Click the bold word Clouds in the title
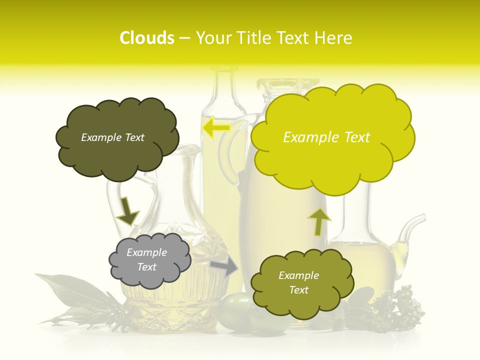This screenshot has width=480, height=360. [x=147, y=38]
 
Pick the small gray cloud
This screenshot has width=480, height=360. [x=149, y=260]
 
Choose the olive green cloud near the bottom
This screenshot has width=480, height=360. [x=299, y=283]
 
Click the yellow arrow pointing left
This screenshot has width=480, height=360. [x=215, y=127]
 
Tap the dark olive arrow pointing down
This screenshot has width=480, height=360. [x=127, y=211]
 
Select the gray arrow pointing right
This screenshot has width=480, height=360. [x=225, y=266]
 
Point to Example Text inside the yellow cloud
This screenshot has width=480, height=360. [x=326, y=137]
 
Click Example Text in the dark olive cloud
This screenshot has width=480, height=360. [x=112, y=137]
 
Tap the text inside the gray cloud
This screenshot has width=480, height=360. [x=147, y=260]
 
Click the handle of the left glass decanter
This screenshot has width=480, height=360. [x=114, y=200]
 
